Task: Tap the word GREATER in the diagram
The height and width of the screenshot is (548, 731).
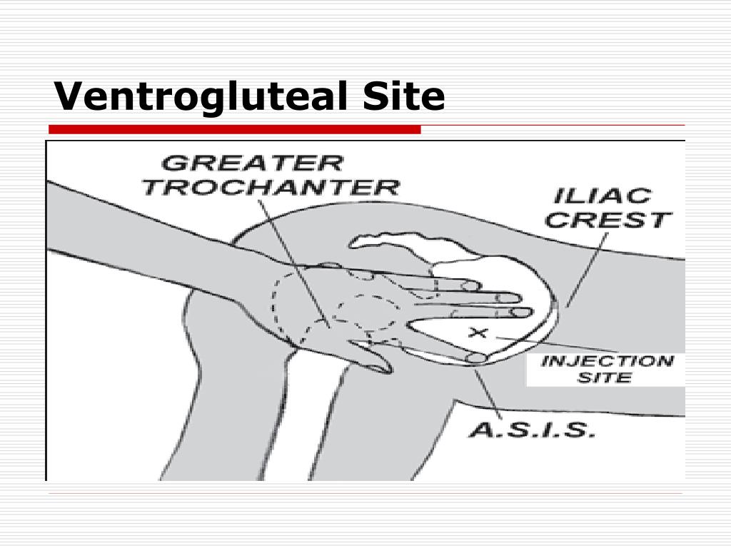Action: [252, 163]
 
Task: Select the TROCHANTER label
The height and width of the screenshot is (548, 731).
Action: [271, 188]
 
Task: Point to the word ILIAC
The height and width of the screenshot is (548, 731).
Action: [603, 196]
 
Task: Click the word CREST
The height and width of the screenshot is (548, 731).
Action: [608, 220]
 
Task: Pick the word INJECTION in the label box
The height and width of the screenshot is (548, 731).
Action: [608, 360]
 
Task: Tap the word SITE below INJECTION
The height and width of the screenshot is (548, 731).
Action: [605, 377]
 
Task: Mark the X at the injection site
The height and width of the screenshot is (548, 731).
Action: [478, 333]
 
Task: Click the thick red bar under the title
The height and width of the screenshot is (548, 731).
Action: [235, 130]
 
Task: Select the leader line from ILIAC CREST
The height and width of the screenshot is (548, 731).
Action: [587, 270]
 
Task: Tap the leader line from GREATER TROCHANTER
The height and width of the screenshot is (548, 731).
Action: [294, 264]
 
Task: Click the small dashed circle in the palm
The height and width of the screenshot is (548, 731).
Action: [368, 313]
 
